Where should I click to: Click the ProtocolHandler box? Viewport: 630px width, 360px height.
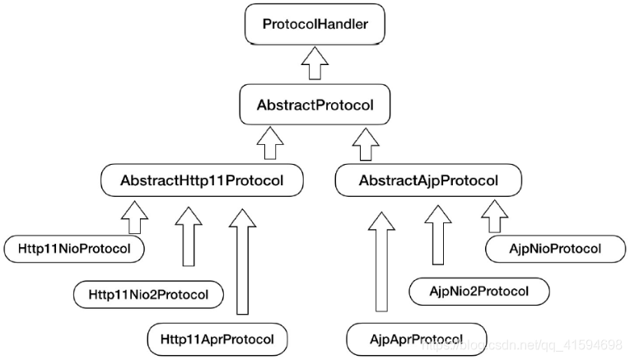[315, 24]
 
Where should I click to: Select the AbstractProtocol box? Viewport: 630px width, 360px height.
[315, 105]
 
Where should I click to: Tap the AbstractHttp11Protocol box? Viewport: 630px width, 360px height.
[202, 180]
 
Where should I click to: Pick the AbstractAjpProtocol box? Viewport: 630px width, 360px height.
[428, 180]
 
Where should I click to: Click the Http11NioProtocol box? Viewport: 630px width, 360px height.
[74, 249]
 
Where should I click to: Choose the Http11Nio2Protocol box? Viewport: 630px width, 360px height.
[148, 295]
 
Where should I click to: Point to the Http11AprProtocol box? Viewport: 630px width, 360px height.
[217, 339]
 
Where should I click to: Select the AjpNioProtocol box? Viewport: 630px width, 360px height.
[555, 249]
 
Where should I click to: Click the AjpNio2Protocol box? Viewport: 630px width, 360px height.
[479, 291]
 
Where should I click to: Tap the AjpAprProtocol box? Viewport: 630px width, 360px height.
[416, 339]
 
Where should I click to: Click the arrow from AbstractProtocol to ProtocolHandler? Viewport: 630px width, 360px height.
[315, 63]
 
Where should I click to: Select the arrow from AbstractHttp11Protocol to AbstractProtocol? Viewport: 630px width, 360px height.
[270, 143]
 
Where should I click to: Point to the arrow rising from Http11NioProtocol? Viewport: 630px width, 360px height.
[134, 217]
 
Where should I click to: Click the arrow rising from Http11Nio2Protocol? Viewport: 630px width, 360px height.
[189, 236]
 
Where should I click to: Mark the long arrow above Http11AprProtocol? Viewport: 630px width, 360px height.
[242, 262]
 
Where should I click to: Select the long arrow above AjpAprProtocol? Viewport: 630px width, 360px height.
[381, 262]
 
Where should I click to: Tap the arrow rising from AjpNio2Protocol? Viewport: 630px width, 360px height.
[438, 236]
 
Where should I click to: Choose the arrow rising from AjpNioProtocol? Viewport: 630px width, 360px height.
[495, 217]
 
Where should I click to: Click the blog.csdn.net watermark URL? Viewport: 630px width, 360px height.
[522, 344]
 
